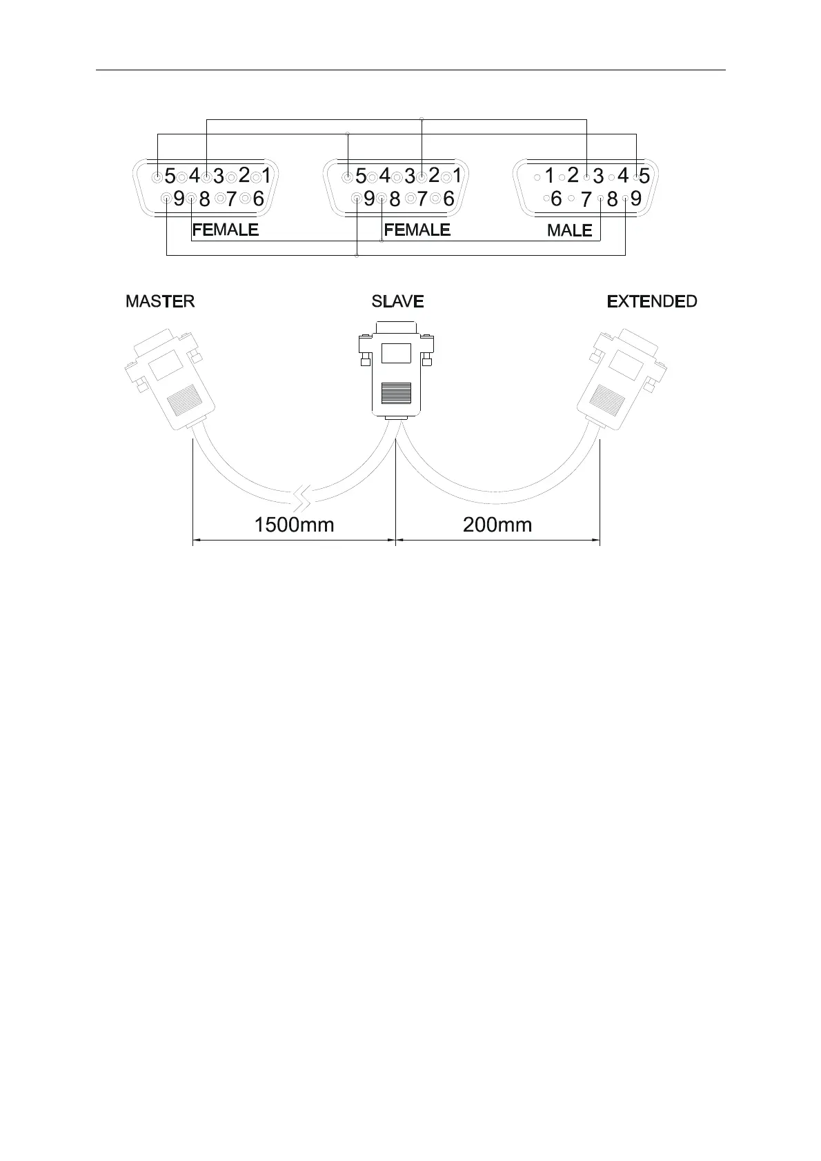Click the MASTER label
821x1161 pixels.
[x=160, y=301]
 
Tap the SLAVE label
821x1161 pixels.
[x=397, y=301]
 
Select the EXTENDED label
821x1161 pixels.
[x=651, y=301]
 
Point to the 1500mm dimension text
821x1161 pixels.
[x=294, y=525]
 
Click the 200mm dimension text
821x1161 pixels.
[x=497, y=525]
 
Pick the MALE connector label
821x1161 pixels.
[x=569, y=230]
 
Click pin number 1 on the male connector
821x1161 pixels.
[x=548, y=176]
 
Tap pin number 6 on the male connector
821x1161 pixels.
[x=556, y=199]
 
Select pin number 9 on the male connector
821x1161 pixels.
[x=635, y=199]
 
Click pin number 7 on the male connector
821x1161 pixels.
[x=586, y=200]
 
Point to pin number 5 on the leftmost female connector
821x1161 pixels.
[x=170, y=176]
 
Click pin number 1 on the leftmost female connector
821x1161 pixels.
[x=266, y=176]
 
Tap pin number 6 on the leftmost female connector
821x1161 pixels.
[x=258, y=199]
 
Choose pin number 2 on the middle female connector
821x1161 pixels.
[x=433, y=176]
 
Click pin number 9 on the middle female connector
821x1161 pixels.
[x=369, y=199]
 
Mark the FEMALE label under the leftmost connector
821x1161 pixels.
[x=226, y=230]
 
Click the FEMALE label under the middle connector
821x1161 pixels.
[x=417, y=230]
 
